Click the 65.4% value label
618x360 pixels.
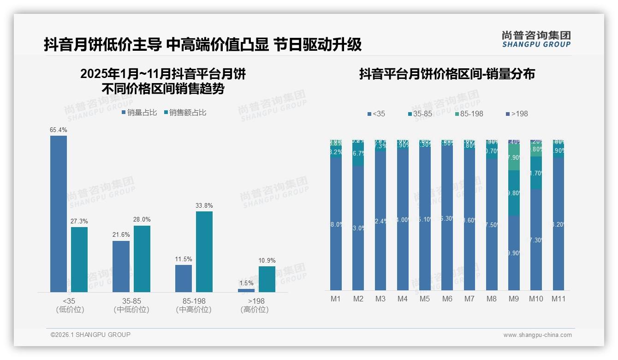pos(58,130)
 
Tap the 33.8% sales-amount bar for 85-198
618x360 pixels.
pos(204,252)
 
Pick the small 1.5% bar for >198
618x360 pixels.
pos(246,290)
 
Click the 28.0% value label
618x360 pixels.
pos(142,219)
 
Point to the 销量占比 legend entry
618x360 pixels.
pos(139,113)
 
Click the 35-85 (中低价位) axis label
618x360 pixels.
pos(131,305)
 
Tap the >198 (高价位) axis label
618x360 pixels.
pos(255,305)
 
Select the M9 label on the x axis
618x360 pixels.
pos(513,299)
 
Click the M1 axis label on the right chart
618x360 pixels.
pos(336,299)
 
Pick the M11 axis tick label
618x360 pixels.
pos(559,299)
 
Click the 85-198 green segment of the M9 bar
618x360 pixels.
pos(514,157)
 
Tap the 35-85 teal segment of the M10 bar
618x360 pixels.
pos(536,173)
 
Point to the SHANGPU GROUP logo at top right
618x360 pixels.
pos(536,39)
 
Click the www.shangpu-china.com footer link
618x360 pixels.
pos(537,335)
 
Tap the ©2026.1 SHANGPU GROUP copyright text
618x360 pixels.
pos(90,335)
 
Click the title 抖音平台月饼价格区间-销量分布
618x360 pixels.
pos(447,74)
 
